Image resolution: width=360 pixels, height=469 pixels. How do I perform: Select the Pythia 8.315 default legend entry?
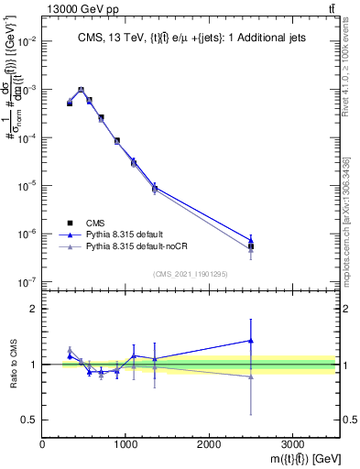click(x=133, y=234)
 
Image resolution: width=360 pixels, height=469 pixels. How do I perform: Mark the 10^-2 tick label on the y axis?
click(x=27, y=41)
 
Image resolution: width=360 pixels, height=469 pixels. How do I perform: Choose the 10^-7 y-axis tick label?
click(x=27, y=281)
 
